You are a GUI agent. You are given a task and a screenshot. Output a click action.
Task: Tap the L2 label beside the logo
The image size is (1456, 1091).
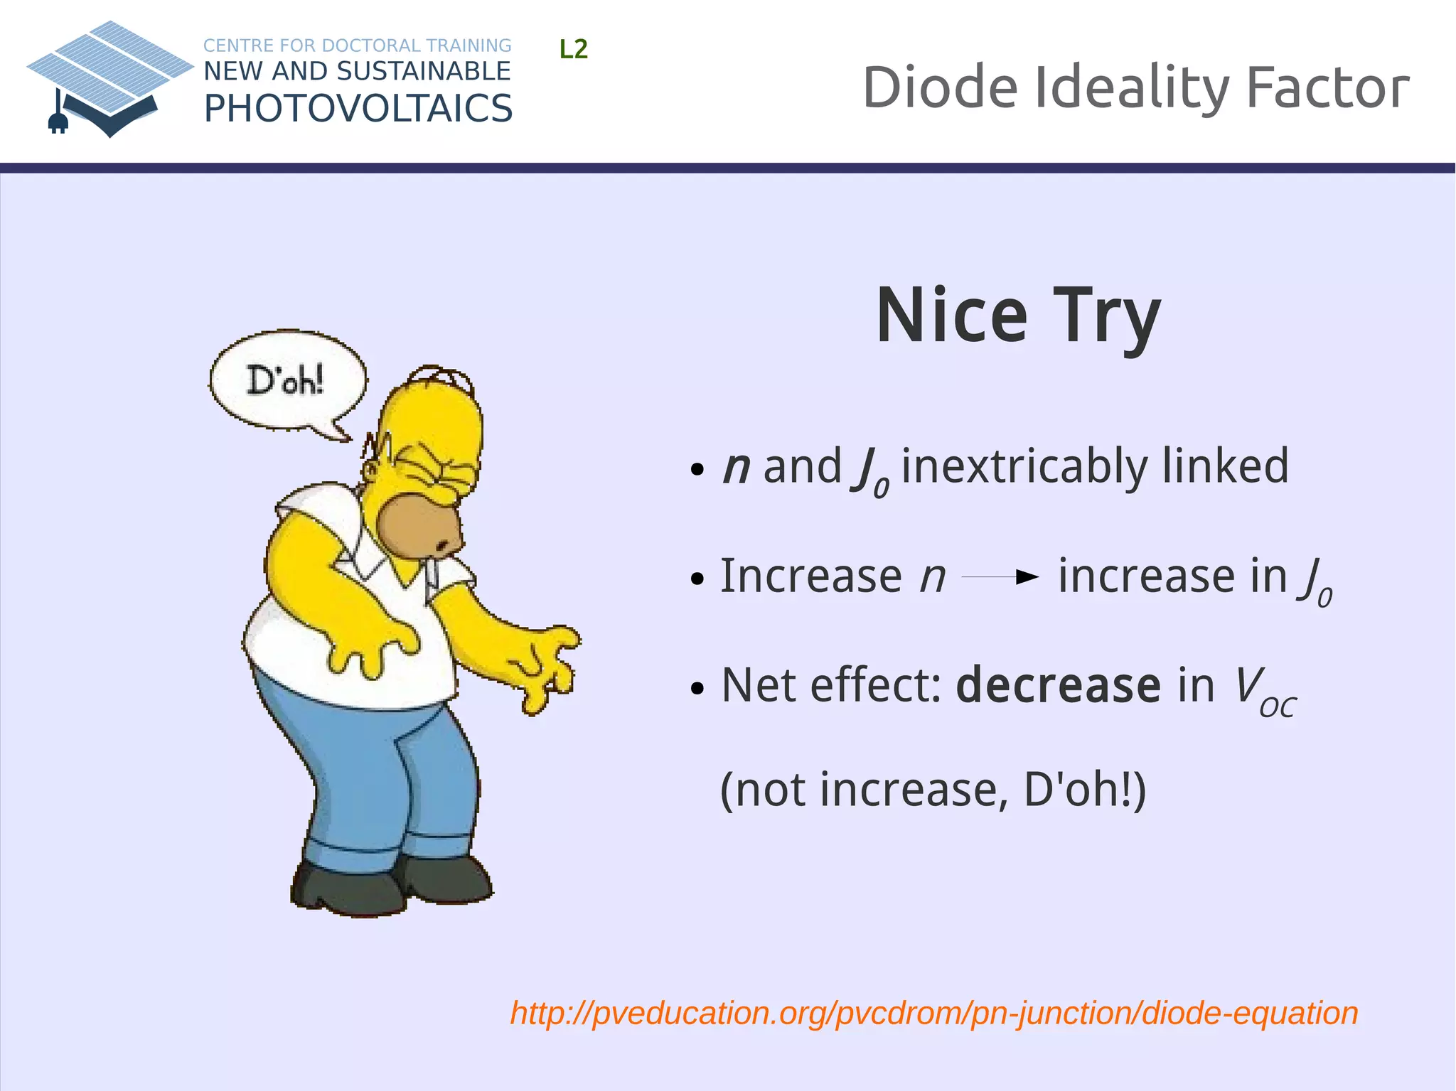tap(573, 50)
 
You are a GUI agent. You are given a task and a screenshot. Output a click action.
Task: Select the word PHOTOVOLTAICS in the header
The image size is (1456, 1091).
tap(358, 109)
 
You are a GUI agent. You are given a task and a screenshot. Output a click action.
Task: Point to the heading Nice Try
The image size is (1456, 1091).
tap(1018, 316)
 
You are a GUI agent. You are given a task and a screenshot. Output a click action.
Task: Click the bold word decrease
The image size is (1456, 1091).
tap(1058, 686)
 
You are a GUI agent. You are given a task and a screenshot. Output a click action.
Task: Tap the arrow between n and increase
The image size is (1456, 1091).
tap(1000, 577)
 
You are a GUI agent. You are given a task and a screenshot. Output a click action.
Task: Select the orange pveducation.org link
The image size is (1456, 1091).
tap(933, 1013)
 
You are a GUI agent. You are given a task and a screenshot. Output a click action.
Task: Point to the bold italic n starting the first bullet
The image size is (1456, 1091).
tap(736, 468)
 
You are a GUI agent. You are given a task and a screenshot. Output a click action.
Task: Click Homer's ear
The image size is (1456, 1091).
tap(371, 471)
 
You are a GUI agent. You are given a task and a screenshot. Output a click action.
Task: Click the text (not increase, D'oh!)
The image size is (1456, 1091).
tap(933, 790)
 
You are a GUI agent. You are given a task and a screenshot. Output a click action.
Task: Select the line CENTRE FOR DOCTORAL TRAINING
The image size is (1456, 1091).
tap(357, 45)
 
